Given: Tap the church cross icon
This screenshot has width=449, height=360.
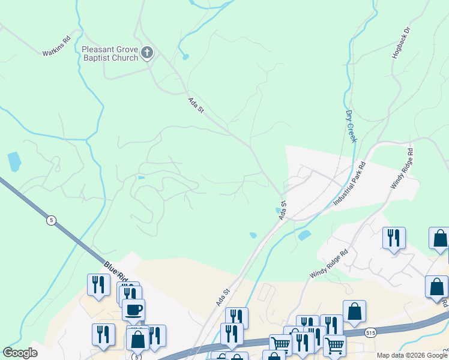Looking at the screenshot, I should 147,53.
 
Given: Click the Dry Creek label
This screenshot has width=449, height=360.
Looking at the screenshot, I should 351,126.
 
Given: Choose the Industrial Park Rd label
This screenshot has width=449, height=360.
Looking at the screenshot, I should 349,184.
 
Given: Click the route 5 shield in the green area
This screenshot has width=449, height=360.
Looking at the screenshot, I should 51,220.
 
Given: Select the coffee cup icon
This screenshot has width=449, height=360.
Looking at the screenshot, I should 133,310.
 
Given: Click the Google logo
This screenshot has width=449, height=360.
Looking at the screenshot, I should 20,353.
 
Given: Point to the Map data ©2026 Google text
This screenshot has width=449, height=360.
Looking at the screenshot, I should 412,355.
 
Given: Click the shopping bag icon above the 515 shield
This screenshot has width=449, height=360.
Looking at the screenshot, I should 354,310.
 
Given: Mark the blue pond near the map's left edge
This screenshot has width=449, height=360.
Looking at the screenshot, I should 13,161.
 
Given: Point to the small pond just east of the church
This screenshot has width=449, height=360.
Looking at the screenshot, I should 185,58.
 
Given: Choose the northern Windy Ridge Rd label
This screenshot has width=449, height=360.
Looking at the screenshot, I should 402,169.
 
